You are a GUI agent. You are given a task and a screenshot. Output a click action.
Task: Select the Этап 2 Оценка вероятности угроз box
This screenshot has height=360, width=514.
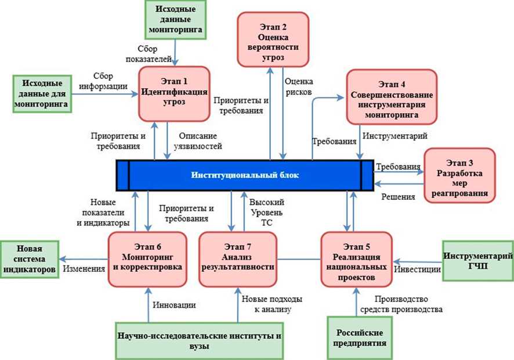(272, 40)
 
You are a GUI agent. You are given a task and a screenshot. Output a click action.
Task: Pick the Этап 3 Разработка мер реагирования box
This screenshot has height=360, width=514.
(459, 174)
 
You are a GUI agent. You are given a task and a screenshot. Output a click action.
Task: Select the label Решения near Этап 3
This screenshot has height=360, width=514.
(398, 197)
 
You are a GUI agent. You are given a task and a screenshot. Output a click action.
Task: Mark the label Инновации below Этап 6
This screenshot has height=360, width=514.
(174, 304)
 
